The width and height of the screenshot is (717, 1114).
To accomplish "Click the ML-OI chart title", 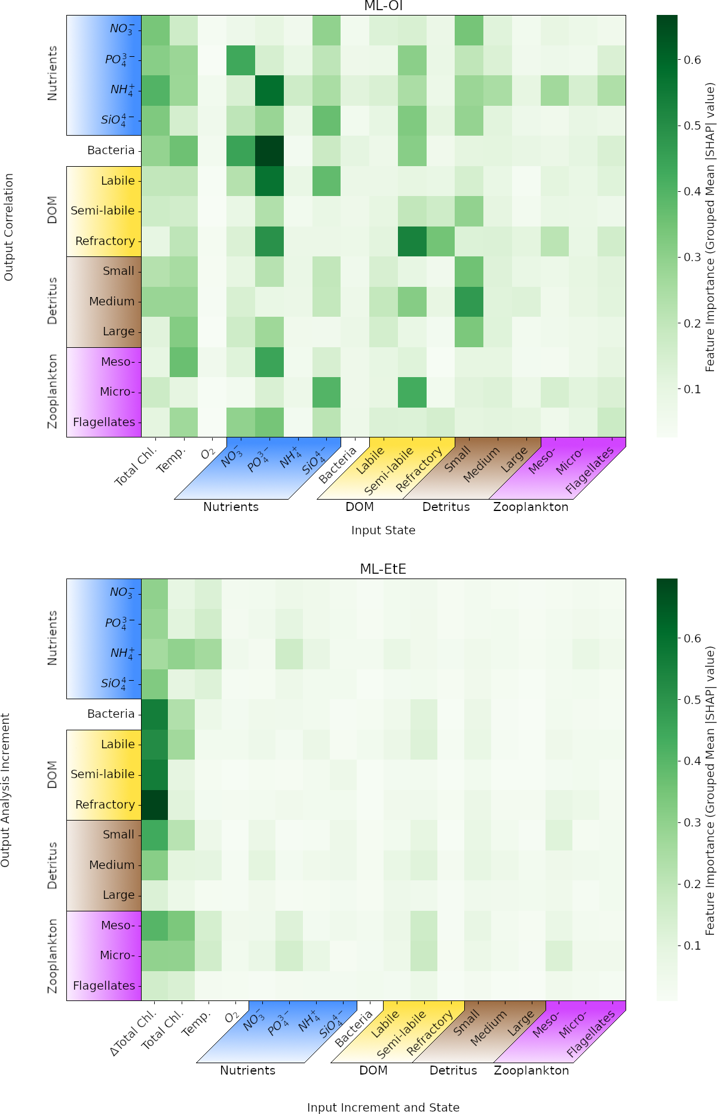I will point(383,6).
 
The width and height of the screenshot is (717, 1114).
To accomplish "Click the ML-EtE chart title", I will point(383,569).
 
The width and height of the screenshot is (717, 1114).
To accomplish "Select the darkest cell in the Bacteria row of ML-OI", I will point(269,151).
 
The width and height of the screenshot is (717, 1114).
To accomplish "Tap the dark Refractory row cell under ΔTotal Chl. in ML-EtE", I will point(155,804).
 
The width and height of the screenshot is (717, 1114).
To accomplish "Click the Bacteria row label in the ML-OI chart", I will point(111,151).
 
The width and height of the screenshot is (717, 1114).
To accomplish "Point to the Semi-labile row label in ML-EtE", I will point(103,775).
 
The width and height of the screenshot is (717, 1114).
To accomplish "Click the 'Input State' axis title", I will point(383,530).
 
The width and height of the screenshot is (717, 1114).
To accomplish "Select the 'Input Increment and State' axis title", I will point(383,1107).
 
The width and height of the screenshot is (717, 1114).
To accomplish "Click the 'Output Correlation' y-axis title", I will point(9,227).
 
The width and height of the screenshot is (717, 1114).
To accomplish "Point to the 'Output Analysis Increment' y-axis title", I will point(6,790).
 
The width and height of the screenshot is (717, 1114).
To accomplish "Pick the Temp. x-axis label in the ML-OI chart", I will point(171,461).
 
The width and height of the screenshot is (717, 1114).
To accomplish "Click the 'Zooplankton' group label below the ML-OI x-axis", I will point(531,507).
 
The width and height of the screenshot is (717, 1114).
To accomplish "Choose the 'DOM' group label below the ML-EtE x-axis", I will point(373,1070).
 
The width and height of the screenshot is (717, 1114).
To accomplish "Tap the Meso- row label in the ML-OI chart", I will point(118,362).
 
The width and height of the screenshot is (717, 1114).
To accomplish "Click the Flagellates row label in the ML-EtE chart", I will point(104,986).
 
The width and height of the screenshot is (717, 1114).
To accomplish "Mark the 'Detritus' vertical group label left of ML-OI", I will point(53,301).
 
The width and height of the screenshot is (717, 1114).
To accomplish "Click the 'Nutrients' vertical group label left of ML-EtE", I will point(53,638).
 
